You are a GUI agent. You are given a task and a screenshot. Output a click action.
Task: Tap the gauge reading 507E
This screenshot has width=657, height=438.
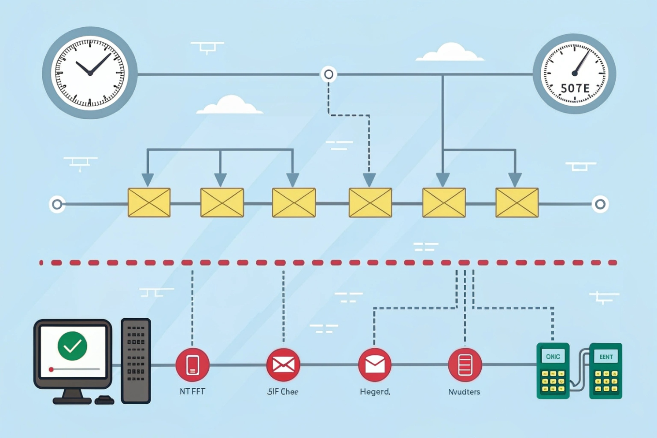coord(574,74)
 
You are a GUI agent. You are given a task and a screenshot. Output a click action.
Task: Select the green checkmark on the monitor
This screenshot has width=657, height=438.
coord(72,346)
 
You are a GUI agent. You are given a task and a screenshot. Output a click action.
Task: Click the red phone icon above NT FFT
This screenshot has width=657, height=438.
coord(192,364)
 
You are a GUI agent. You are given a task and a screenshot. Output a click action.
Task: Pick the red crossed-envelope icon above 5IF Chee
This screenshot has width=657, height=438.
coord(283,364)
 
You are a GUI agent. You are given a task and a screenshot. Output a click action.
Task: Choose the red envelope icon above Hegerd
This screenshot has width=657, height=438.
coord(375,364)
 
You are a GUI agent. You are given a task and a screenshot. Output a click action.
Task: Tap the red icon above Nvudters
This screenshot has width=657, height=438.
coord(465,364)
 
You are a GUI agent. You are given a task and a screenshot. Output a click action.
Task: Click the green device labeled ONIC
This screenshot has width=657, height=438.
coord(553,371)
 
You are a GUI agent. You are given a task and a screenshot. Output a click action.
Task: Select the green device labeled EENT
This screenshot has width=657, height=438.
coord(605,371)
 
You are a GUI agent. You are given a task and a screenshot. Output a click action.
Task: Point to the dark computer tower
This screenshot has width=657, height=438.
coord(136,361)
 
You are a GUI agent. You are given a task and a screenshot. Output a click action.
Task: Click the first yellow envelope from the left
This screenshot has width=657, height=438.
coord(149,202)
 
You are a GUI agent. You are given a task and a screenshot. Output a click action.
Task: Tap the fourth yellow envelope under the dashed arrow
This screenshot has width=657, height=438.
coord(370,202)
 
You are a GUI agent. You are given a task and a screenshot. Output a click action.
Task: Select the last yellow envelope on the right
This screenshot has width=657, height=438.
coord(517,202)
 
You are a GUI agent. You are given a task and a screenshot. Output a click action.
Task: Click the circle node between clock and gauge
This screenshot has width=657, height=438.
coord(328,74)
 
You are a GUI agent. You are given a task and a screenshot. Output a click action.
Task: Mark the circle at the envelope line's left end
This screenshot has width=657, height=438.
coord(57,204)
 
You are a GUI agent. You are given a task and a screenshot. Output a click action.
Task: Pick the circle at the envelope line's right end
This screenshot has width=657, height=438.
coord(600,204)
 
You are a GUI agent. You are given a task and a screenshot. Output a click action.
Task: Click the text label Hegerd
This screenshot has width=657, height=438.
coord(375,391)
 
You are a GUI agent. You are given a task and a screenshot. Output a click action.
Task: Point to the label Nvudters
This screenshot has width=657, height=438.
coord(464,391)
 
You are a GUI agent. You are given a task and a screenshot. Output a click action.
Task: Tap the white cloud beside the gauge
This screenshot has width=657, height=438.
coord(450,53)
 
